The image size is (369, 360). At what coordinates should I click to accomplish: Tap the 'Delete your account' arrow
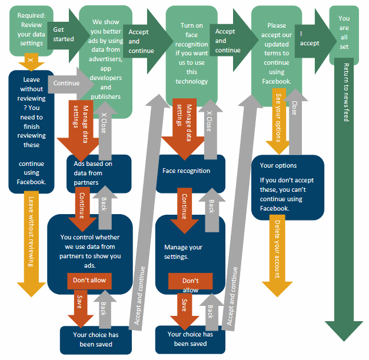276,253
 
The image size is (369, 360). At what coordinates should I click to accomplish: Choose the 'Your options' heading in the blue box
278,165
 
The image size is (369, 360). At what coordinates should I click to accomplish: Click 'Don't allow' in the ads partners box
89,281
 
